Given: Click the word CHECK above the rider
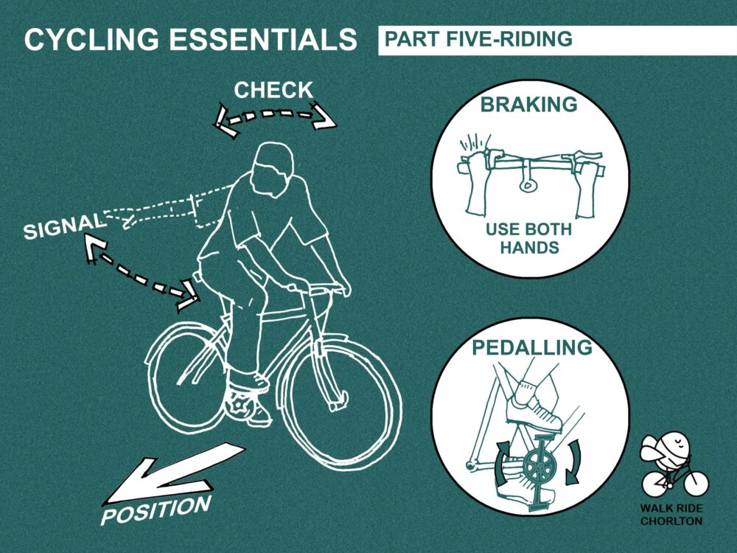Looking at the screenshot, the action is pyautogui.click(x=273, y=90).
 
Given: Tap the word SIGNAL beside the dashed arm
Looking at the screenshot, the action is pyautogui.click(x=64, y=226).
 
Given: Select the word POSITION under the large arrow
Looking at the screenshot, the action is pyautogui.click(x=156, y=509).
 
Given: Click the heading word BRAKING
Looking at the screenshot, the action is pyautogui.click(x=528, y=105).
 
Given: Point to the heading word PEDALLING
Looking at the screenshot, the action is pyautogui.click(x=532, y=347).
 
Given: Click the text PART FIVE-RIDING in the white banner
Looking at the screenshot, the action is pyautogui.click(x=478, y=39).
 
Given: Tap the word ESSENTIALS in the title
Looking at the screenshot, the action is pyautogui.click(x=263, y=39).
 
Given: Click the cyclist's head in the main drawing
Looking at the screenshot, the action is pyautogui.click(x=272, y=170).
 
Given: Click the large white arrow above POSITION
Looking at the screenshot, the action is pyautogui.click(x=175, y=474).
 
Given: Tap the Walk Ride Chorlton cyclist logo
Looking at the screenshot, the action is pyautogui.click(x=673, y=465).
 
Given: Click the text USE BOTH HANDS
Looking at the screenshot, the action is pyautogui.click(x=528, y=238).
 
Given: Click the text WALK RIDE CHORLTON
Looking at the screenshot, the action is pyautogui.click(x=671, y=515).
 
